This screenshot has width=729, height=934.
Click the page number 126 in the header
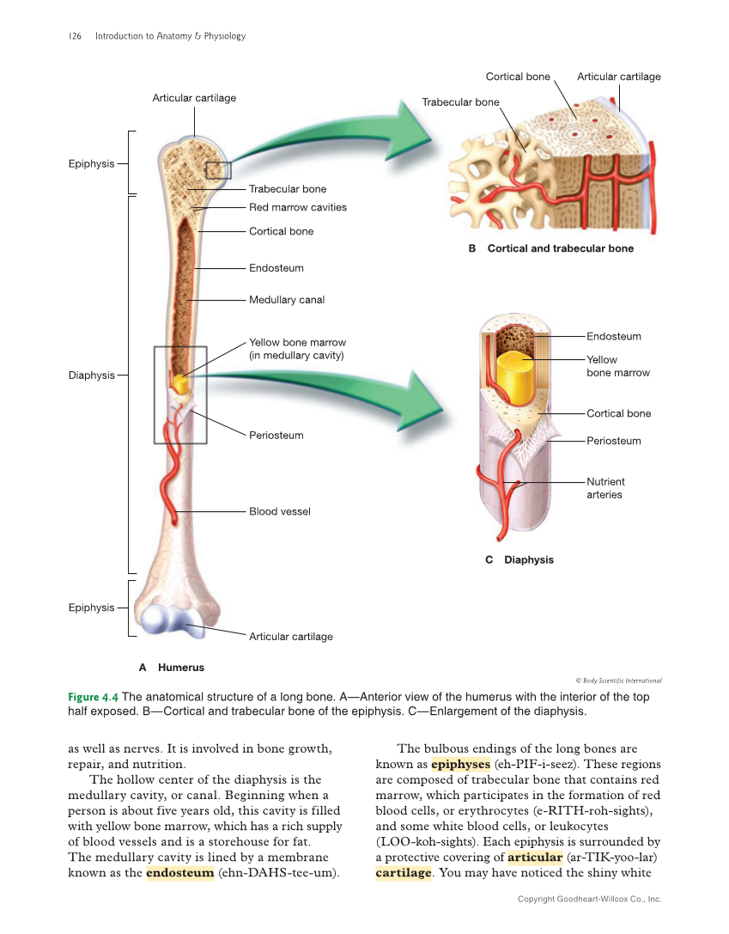(75, 36)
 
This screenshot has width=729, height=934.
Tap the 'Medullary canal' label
(287, 300)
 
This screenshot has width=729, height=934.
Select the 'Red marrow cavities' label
(298, 207)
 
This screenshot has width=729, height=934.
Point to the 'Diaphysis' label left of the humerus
(91, 375)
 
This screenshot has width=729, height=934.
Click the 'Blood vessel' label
(280, 511)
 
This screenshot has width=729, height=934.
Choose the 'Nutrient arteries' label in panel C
(605, 488)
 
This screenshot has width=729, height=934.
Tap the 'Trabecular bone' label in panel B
(460, 102)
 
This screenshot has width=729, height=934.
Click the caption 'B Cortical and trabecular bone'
(550, 248)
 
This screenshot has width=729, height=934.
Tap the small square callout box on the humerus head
(218, 169)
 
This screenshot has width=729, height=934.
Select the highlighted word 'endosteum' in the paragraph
(180, 874)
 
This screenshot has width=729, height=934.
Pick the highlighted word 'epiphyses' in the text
(460, 764)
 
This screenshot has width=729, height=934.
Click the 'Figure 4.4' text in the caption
(93, 697)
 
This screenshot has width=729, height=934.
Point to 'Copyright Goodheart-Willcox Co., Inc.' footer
(589, 899)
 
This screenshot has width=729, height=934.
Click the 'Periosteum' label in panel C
(613, 441)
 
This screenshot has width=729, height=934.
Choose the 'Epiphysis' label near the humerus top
(91, 163)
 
